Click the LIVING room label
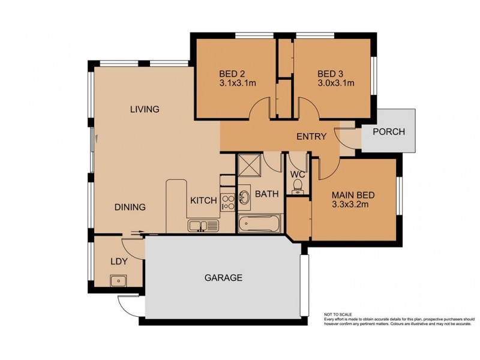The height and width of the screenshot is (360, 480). point(145,109)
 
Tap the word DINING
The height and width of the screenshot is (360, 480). point(130,208)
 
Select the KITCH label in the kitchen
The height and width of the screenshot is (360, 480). point(203,200)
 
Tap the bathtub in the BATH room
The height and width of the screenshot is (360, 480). point(259,226)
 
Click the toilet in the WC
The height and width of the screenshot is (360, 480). point(296,190)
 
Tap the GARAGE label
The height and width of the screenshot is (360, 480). point(223,278)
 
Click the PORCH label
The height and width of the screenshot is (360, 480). point(388,132)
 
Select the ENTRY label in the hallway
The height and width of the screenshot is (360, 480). point(311,137)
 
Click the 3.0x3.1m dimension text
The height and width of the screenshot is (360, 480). point(335,83)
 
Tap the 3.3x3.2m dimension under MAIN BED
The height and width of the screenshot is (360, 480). point(353,205)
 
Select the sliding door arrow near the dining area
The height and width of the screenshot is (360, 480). point(136,233)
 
